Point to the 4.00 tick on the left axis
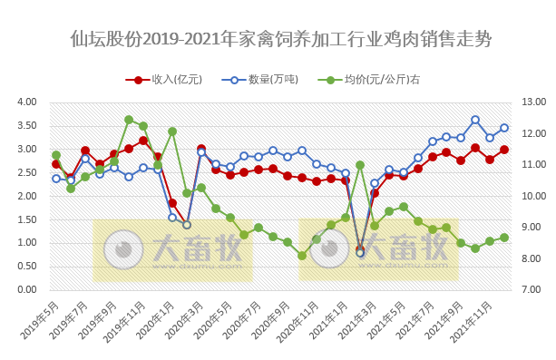pyautogui.click(x=25, y=102)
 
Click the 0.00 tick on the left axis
pyautogui.click(x=25, y=289)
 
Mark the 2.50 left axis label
pyautogui.click(x=25, y=172)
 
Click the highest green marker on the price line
pyautogui.click(x=129, y=120)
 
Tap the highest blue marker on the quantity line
pyautogui.click(x=475, y=120)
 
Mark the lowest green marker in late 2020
pyautogui.click(x=302, y=256)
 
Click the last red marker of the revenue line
pyautogui.click(x=504, y=150)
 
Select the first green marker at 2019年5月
pyautogui.click(x=56, y=155)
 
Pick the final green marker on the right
pyautogui.click(x=504, y=238)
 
